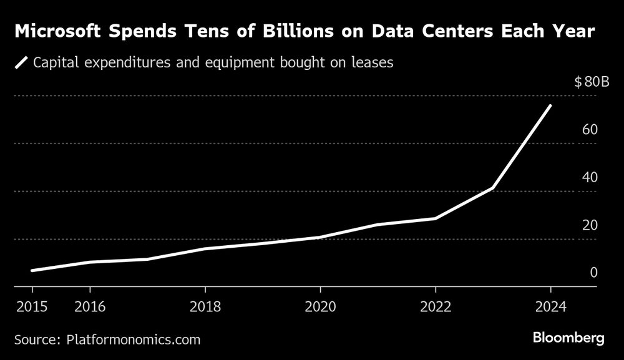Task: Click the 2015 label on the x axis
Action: pyautogui.click(x=32, y=307)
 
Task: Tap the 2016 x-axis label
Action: pyautogui.click(x=90, y=307)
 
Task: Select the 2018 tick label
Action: pyautogui.click(x=205, y=307)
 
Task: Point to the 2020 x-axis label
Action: pyautogui.click(x=320, y=307)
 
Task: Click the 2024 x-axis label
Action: pyautogui.click(x=550, y=307)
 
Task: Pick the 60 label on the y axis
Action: pyautogui.click(x=590, y=130)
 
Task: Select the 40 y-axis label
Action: pyautogui.click(x=590, y=177)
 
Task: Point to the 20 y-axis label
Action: pyautogui.click(x=590, y=225)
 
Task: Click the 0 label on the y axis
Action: pyautogui.click(x=594, y=273)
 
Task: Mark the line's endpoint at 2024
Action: pyautogui.click(x=550, y=105)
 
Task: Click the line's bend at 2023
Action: pyautogui.click(x=493, y=187)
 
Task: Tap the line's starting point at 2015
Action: pyautogui.click(x=32, y=271)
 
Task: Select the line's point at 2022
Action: pyautogui.click(x=435, y=218)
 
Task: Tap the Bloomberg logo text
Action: pyautogui.click(x=568, y=338)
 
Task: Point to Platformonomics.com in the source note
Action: pyautogui.click(x=132, y=339)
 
